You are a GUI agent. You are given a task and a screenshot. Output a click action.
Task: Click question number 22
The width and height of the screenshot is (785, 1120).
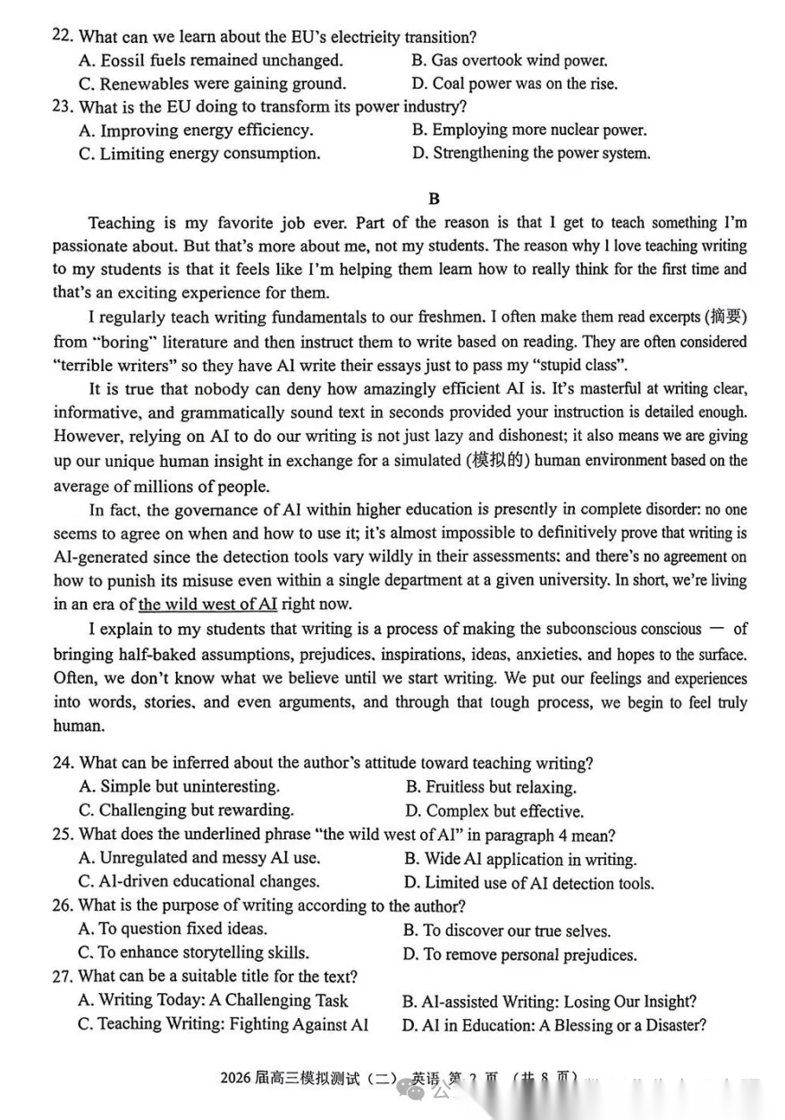pos(62,37)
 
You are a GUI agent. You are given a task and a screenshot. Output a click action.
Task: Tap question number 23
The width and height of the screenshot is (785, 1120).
pos(62,107)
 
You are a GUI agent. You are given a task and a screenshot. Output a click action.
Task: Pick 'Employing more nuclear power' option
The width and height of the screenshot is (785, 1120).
pos(529,131)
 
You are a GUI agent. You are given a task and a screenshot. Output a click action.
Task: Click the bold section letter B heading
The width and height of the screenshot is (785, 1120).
pos(435,199)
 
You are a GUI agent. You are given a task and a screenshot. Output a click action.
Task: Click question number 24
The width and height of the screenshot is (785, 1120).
pos(62,763)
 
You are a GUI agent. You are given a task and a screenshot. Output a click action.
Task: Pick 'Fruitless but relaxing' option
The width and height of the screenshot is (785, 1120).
pos(491,787)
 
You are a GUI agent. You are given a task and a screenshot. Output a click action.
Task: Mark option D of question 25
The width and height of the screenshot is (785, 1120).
pos(528,883)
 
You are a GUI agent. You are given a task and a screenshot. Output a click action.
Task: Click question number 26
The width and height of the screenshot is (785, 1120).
pos(62,905)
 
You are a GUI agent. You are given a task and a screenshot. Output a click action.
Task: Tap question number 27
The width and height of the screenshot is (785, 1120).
pos(62,977)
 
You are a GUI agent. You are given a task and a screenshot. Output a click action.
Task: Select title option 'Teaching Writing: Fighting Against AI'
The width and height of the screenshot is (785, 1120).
pos(223,1024)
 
